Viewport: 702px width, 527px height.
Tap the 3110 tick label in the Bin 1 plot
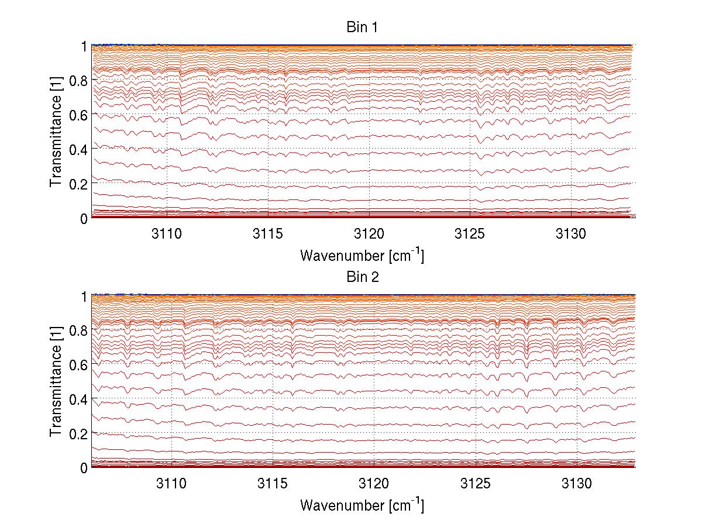point(167,233)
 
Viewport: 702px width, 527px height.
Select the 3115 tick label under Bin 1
point(268,233)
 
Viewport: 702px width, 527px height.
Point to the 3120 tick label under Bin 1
point(369,233)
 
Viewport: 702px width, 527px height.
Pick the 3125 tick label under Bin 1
point(470,233)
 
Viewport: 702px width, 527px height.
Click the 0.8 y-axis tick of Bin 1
point(79,80)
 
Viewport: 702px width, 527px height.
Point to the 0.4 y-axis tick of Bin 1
point(79,149)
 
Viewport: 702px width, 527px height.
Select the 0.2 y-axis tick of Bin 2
point(79,433)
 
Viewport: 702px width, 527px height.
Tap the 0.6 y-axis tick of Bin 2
point(79,364)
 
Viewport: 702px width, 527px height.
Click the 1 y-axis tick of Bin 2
point(84,296)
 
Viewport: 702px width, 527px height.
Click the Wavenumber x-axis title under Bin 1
point(362,254)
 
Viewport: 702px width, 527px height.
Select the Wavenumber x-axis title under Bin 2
point(362,504)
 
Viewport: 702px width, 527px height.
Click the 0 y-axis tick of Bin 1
point(84,218)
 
